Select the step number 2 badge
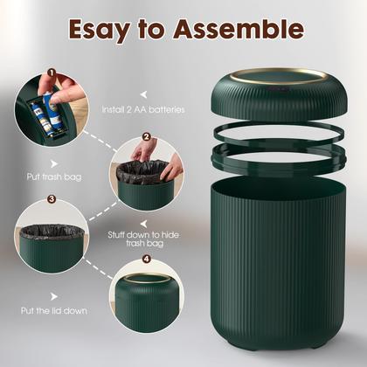click(146, 136)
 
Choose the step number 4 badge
click(146, 259)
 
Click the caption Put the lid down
click(54, 310)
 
